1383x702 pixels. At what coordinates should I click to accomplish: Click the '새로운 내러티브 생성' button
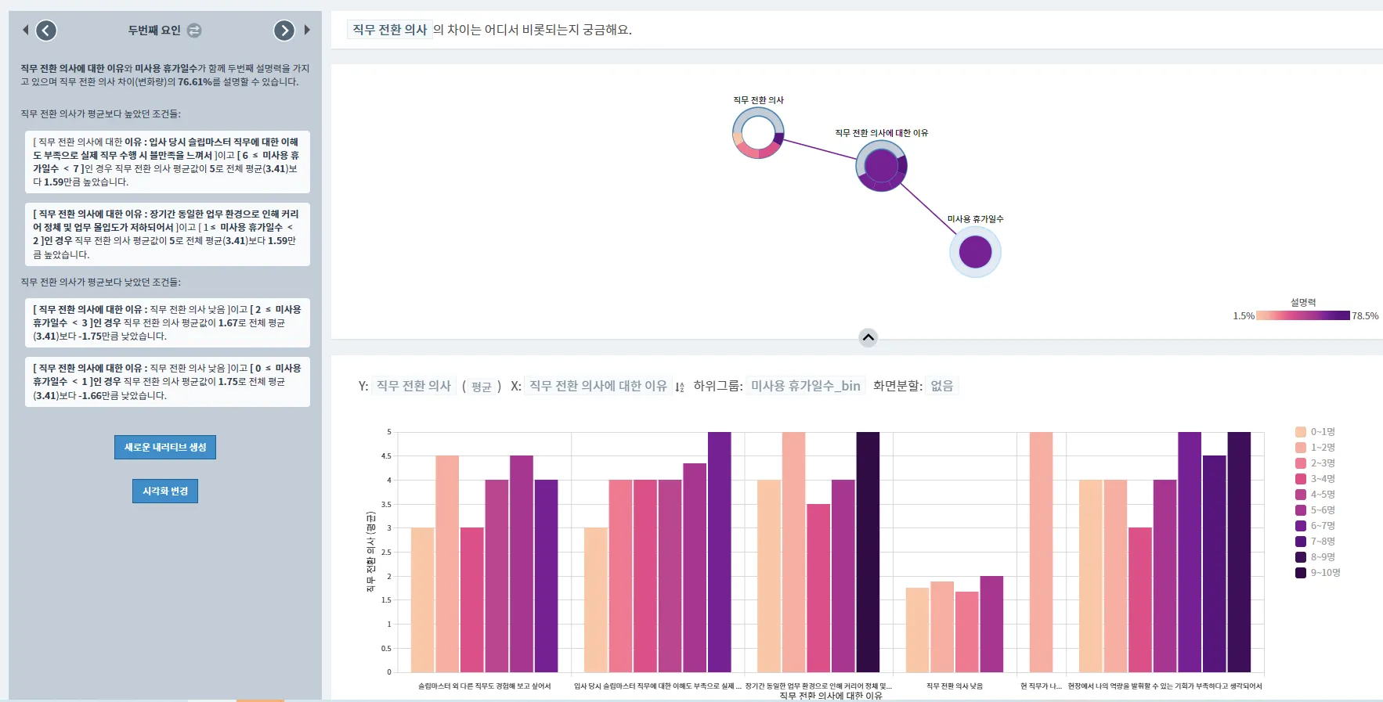pos(165,447)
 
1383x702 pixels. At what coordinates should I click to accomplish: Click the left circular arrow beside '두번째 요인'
pos(47,31)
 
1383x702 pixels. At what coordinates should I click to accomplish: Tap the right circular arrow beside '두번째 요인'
pos(283,31)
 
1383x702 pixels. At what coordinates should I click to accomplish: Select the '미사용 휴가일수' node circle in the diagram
pos(975,252)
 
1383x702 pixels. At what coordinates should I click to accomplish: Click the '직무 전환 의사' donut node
pos(758,133)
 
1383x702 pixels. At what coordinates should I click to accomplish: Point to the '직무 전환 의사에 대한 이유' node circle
pos(881,166)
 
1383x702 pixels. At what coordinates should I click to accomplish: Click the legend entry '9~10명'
pos(1325,573)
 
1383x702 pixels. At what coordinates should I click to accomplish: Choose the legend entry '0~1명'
pos(1322,432)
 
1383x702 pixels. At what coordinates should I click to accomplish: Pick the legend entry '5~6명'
pos(1322,510)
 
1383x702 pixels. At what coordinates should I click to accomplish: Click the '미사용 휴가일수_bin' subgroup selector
pos(805,386)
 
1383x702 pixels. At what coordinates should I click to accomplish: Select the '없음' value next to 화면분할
pos(941,386)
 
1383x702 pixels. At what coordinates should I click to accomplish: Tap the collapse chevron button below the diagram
pos(868,338)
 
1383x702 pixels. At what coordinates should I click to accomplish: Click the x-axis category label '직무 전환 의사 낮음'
pos(954,686)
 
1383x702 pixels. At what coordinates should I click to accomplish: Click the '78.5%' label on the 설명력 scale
pos(1365,316)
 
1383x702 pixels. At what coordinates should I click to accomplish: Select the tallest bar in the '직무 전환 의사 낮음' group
pos(991,624)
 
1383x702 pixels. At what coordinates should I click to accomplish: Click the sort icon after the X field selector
pos(680,387)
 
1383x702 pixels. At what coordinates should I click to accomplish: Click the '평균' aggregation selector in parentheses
pos(481,387)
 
